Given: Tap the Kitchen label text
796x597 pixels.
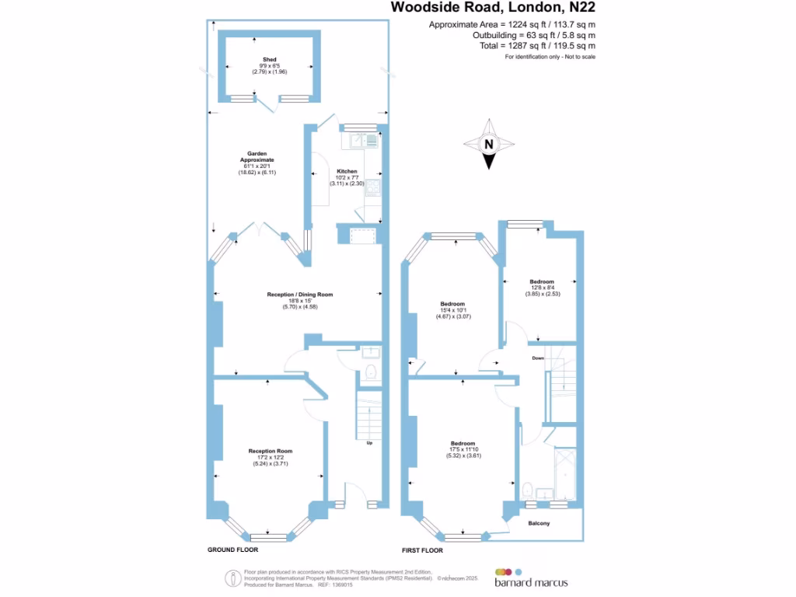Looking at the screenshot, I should [x=347, y=171].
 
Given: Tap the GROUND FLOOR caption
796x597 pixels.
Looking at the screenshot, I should [x=232, y=550].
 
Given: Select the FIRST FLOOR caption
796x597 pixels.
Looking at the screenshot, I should [x=422, y=550].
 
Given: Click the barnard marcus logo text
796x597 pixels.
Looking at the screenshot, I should [x=531, y=582].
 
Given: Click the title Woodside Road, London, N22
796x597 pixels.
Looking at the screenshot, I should [x=496, y=9].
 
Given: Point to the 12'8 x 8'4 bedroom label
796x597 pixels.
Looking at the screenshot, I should [x=542, y=281].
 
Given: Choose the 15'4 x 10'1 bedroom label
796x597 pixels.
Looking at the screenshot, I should [x=452, y=304].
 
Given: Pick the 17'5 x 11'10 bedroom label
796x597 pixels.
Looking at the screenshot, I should [x=463, y=444].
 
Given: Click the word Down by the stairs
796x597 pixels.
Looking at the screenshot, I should [x=538, y=358].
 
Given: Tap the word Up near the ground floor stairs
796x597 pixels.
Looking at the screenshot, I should [x=368, y=444].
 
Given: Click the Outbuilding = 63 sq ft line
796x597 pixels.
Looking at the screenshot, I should [x=534, y=36].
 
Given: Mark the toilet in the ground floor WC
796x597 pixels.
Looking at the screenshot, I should [x=370, y=372].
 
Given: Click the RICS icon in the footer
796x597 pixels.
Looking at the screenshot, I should [x=232, y=578].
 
